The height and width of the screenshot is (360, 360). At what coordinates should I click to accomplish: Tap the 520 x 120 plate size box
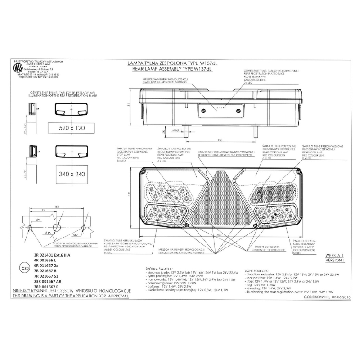click(72, 128)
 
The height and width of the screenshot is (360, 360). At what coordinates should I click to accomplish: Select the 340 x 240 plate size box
click(72, 174)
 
